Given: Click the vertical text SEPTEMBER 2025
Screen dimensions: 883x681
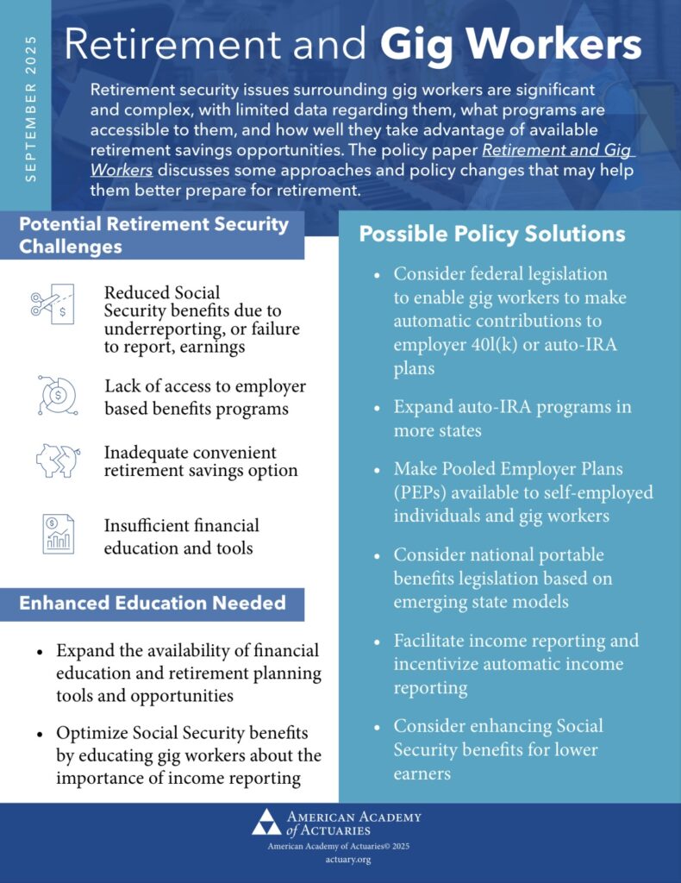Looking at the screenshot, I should coord(31,110).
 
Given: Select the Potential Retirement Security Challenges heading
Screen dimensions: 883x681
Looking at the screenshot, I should coord(153,235).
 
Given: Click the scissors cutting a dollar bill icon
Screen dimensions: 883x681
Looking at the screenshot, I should coord(51,303).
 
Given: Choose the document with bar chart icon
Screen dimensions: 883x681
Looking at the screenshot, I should coord(57,533).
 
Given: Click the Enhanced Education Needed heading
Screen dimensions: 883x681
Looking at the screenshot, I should coord(153,603).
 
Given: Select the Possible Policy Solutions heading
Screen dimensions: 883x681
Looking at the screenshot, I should coord(491,234).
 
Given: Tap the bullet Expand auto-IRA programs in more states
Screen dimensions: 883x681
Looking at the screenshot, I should coord(512,417).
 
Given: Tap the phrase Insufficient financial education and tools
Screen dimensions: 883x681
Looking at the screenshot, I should coord(181,536).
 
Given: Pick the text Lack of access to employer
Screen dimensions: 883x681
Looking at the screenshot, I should coord(205,386).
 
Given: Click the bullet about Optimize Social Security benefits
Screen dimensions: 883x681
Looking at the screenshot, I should coord(188,755).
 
